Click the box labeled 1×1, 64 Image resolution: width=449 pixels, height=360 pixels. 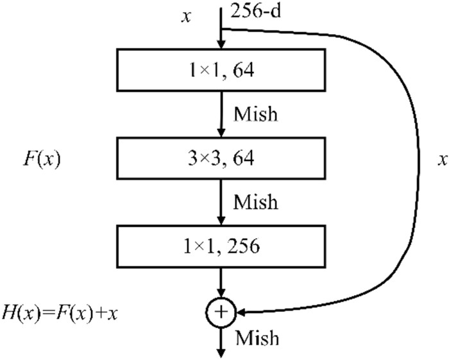(221, 70)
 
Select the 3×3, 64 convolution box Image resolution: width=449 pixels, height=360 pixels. (221, 158)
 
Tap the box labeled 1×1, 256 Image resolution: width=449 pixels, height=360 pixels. (221, 246)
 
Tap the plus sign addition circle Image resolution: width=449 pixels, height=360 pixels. (221, 313)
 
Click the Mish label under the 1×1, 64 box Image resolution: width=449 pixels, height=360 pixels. (255, 114)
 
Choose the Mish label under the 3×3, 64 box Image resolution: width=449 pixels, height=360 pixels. (255, 202)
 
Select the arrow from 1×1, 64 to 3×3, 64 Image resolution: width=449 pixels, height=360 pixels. (221, 114)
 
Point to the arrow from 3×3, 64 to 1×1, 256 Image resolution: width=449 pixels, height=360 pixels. (221, 201)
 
